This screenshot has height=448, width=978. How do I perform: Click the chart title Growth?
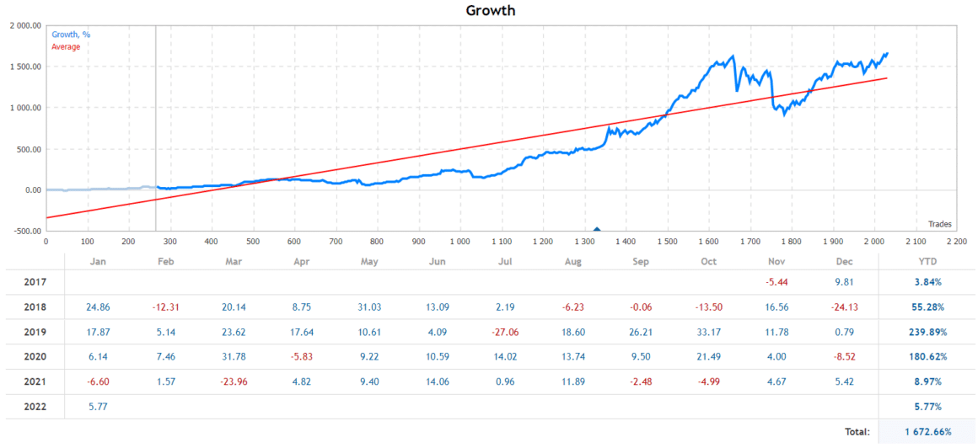tap(490, 11)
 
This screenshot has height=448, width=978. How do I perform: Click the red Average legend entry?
tap(66, 46)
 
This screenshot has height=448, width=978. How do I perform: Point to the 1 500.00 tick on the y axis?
tap(23, 67)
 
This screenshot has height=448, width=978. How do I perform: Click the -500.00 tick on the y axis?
tap(23, 232)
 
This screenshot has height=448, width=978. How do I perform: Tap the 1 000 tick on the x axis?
tap(459, 242)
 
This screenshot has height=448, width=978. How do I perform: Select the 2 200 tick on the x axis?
tap(956, 242)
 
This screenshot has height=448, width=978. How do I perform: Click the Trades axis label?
tap(939, 223)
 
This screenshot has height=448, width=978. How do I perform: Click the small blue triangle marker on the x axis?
tap(597, 228)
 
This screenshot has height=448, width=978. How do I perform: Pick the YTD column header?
tap(927, 261)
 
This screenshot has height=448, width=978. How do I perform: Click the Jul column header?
tap(506, 261)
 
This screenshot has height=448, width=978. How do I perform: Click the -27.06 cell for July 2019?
tap(506, 332)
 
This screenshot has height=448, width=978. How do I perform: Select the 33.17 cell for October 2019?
tap(709, 332)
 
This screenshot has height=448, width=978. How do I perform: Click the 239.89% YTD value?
tap(928, 332)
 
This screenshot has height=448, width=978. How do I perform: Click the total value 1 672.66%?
tap(928, 432)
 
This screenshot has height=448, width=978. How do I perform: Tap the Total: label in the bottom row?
tap(857, 432)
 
